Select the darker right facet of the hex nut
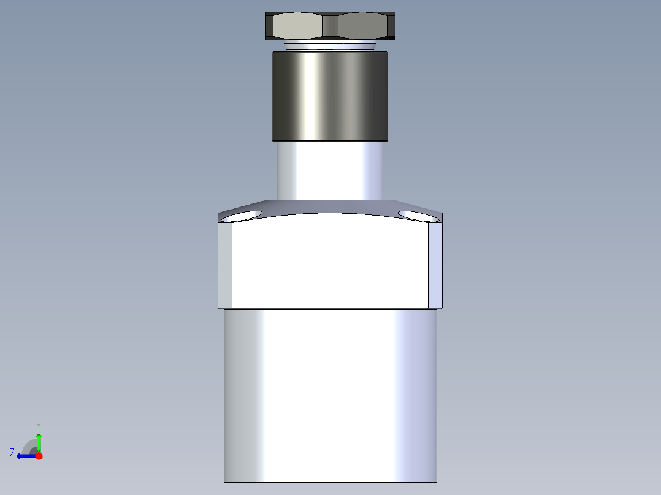tap(362, 26)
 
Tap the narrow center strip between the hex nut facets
tap(330, 26)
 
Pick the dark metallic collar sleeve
tap(330, 96)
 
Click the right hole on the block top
tap(419, 215)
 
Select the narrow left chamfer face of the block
tap(225, 265)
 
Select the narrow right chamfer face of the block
tap(435, 265)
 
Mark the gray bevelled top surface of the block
tap(330, 207)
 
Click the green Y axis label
tap(38, 425)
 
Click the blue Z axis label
tap(12, 453)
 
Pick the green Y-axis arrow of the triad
tap(39, 441)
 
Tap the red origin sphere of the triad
tap(39, 456)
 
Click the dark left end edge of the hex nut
tap(269, 26)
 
